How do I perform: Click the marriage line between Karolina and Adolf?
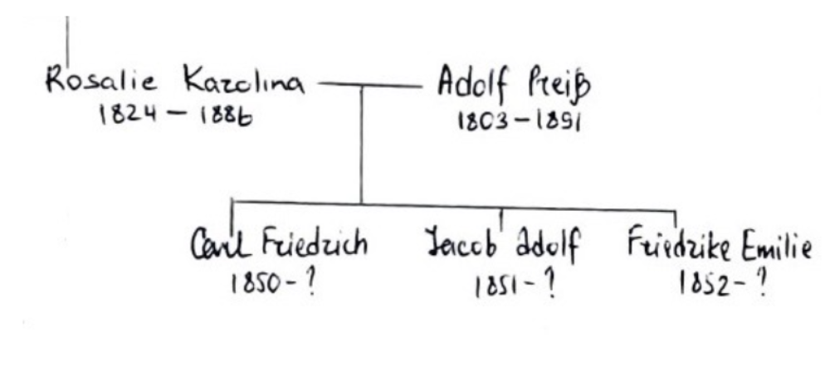tap(369, 85)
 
